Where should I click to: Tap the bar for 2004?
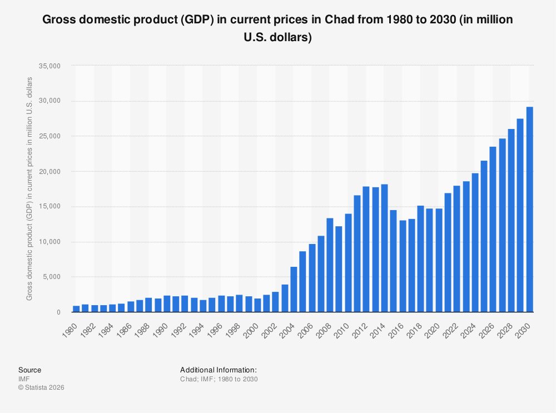294,290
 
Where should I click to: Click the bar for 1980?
76,309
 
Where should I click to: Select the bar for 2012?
366,250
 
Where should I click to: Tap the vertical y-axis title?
29,189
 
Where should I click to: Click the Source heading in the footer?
29,370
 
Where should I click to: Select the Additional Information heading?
218,370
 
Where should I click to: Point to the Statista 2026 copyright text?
41,387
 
